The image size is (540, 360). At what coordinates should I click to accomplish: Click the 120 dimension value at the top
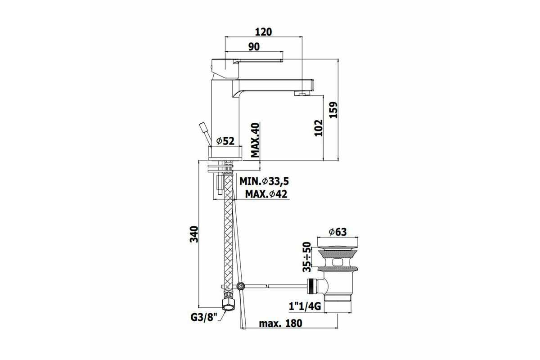point(263,32)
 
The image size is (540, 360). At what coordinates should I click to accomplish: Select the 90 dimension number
point(254,47)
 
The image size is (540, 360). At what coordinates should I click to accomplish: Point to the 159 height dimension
point(333,110)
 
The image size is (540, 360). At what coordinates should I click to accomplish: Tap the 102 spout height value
point(319,128)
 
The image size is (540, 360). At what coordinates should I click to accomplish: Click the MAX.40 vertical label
point(255,140)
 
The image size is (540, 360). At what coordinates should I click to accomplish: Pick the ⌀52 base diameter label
point(225,141)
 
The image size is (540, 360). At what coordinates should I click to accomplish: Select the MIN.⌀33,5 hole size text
point(264,181)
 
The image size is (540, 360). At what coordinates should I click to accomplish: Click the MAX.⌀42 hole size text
point(266,194)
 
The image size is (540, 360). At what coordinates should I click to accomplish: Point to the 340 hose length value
point(194,234)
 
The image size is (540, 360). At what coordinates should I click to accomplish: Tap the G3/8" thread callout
point(204,317)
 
